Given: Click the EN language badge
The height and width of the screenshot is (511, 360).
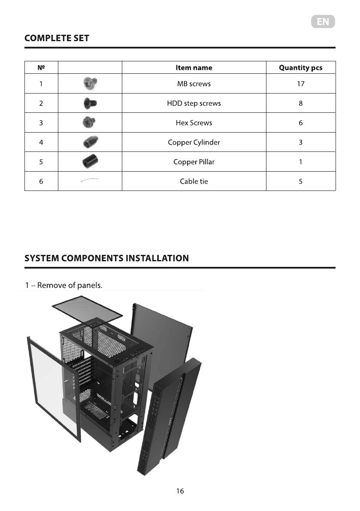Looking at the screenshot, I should click(323, 22).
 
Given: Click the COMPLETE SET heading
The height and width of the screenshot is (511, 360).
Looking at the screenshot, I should click(57, 38).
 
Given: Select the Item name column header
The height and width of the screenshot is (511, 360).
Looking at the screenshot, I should click(194, 68).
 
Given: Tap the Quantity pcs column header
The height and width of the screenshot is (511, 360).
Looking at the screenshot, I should click(300, 68).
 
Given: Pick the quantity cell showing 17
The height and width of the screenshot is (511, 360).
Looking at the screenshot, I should click(300, 84).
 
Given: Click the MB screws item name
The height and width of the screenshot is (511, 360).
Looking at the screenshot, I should click(194, 84).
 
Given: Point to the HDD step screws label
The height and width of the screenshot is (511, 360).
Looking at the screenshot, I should click(194, 103).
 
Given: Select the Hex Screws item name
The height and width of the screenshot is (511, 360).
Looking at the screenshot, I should click(194, 123).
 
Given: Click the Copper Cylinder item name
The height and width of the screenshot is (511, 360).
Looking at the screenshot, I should click(194, 142).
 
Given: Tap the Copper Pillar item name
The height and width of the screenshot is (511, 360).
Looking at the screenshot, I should click(194, 162).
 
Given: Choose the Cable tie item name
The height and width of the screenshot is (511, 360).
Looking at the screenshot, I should click(194, 181).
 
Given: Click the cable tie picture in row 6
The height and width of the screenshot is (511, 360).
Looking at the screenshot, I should click(90, 181).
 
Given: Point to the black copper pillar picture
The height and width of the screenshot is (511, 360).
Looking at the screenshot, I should click(90, 162).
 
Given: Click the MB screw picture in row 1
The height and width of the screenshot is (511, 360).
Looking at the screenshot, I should click(90, 84).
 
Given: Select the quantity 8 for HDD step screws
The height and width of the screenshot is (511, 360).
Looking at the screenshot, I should click(300, 103).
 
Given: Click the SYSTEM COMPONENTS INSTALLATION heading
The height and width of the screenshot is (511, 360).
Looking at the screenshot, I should click(106, 258).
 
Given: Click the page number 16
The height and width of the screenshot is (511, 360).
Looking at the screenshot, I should click(180, 491).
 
